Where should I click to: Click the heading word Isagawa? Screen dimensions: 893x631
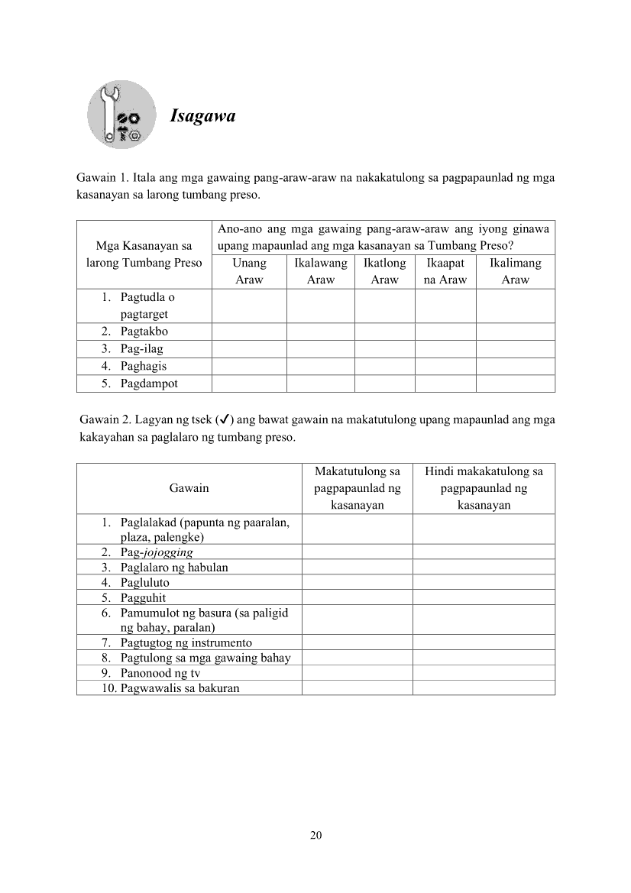click(x=202, y=116)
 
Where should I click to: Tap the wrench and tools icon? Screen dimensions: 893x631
click(x=122, y=116)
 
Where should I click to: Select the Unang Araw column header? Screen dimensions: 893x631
click(x=249, y=271)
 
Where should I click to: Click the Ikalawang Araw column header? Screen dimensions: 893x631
click(x=320, y=271)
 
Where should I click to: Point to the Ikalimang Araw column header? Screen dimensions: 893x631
click(x=515, y=271)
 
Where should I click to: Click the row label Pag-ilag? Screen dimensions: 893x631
click(x=141, y=349)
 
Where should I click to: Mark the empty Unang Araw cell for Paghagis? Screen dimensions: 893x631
click(x=249, y=366)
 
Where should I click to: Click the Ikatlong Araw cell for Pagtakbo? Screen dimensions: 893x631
click(x=384, y=332)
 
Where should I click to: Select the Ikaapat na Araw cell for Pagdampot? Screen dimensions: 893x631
click(x=445, y=383)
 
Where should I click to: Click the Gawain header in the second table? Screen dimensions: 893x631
click(x=189, y=488)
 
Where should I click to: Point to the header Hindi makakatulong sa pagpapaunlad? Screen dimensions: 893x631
click(x=484, y=488)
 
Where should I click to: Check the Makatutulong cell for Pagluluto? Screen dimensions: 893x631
click(x=357, y=582)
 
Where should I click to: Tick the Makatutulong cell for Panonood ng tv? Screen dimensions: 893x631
click(x=357, y=673)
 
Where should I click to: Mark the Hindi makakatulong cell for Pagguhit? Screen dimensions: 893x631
click(x=484, y=597)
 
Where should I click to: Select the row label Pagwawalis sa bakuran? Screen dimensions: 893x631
click(x=180, y=688)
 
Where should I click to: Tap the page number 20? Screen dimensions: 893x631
click(x=315, y=834)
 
